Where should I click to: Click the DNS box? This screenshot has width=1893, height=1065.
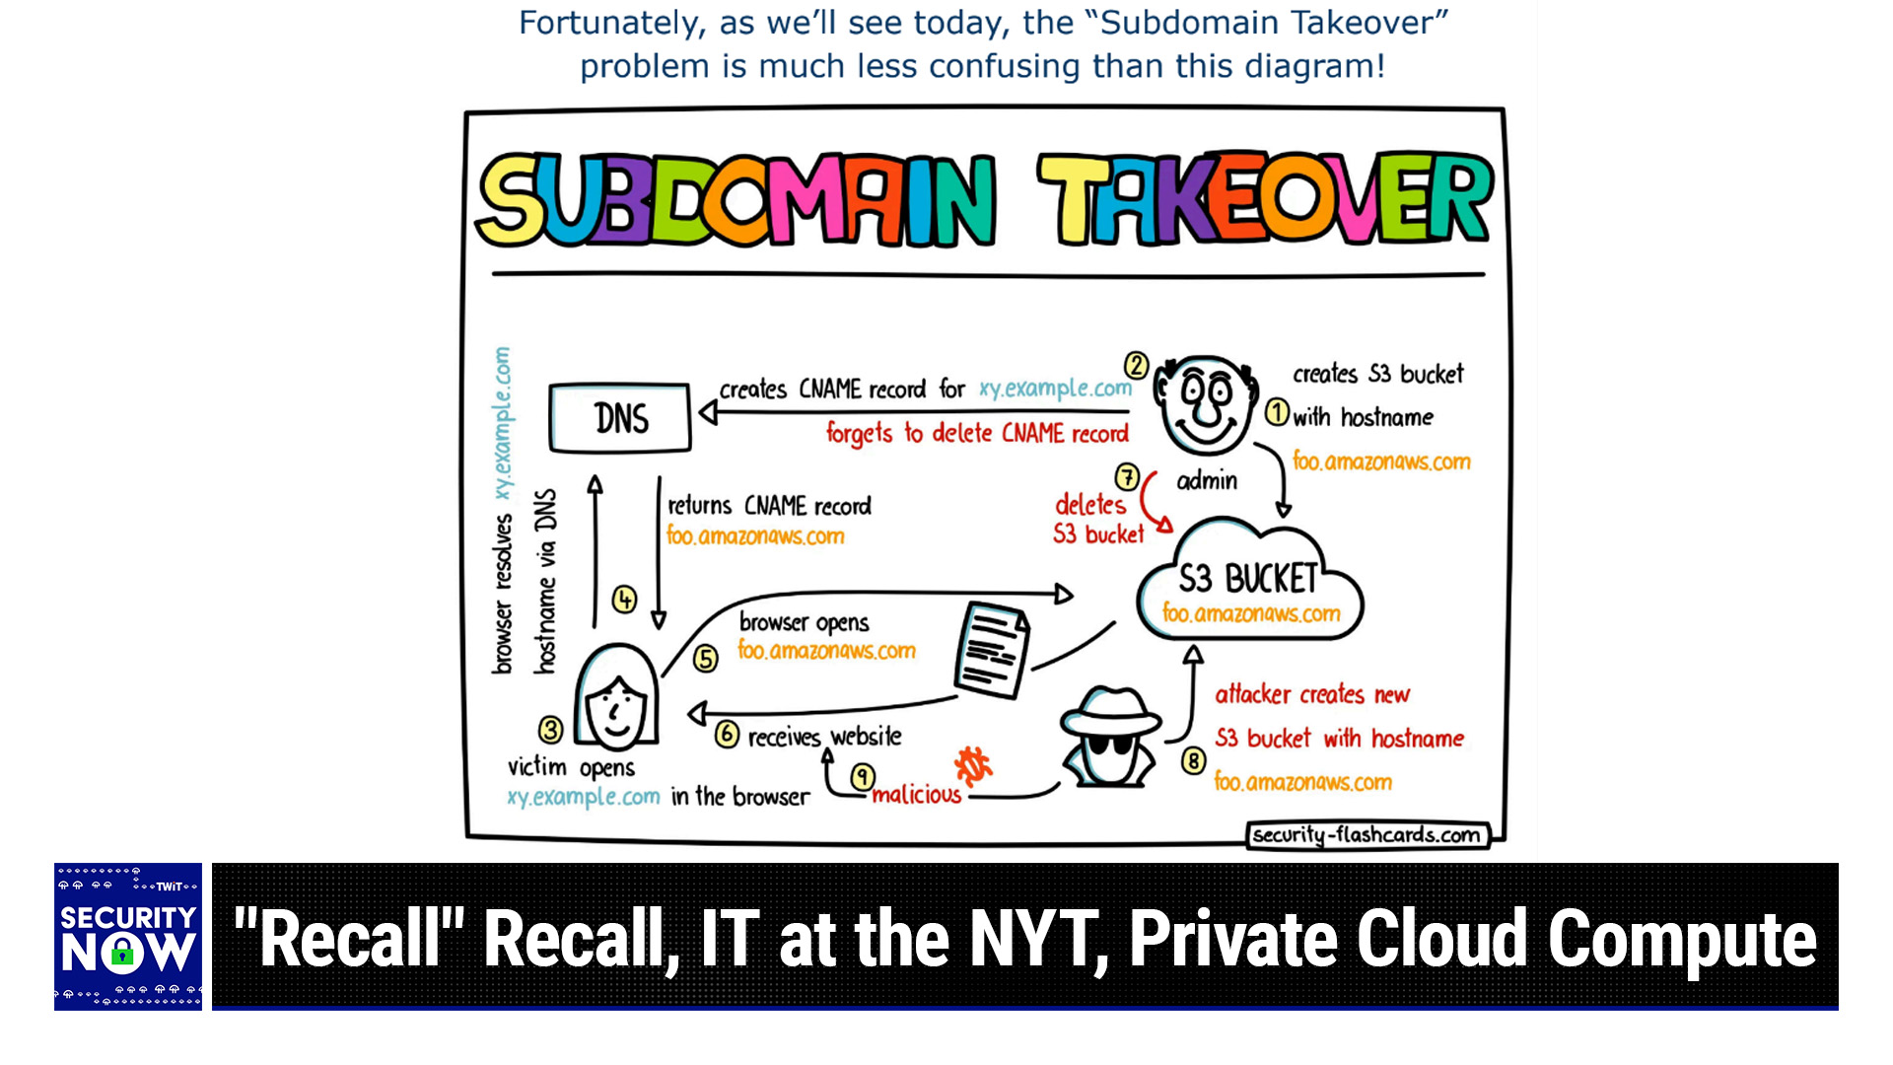620,418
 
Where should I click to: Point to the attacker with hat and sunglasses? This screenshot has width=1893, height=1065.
1110,739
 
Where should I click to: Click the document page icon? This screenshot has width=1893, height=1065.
992,650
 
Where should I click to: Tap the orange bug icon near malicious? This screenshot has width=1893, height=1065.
972,765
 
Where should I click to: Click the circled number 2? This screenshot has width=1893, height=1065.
1137,366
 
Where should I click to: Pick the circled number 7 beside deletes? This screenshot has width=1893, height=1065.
1127,478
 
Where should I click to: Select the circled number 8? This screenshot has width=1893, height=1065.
1194,761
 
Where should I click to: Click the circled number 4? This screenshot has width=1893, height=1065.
624,600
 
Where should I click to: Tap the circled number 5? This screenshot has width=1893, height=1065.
706,659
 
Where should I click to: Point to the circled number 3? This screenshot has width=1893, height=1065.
550,731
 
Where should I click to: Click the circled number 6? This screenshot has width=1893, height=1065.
728,735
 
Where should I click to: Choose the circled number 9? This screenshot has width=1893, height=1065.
863,777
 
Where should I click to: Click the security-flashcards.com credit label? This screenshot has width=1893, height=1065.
1367,835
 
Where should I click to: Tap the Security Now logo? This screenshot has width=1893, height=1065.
128,937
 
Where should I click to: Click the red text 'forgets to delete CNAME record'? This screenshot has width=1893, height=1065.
977,434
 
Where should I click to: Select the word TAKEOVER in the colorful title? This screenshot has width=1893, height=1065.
1265,200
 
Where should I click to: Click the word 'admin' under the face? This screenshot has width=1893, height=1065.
1207,481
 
